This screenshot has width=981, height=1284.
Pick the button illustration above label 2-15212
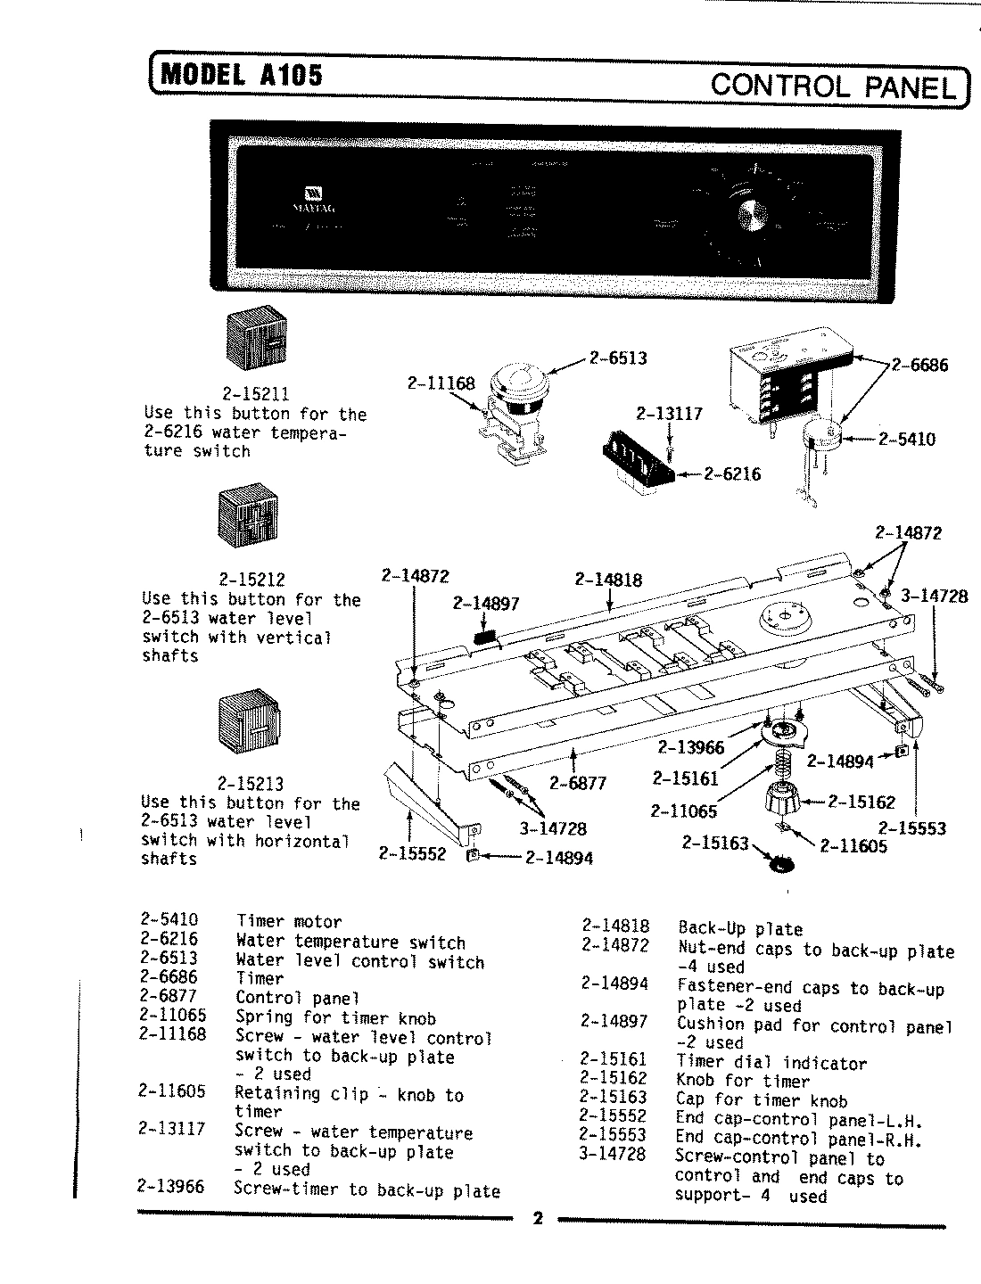point(243,514)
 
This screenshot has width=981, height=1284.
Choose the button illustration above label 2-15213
point(243,721)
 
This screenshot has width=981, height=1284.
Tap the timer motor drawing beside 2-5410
point(820,443)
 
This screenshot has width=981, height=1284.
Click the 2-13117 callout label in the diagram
point(669,414)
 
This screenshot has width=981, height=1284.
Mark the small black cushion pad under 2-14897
point(483,637)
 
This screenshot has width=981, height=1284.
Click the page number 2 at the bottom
point(537,1219)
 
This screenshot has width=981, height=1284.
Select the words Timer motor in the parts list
point(288,921)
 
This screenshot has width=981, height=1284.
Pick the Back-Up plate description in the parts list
point(740,928)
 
